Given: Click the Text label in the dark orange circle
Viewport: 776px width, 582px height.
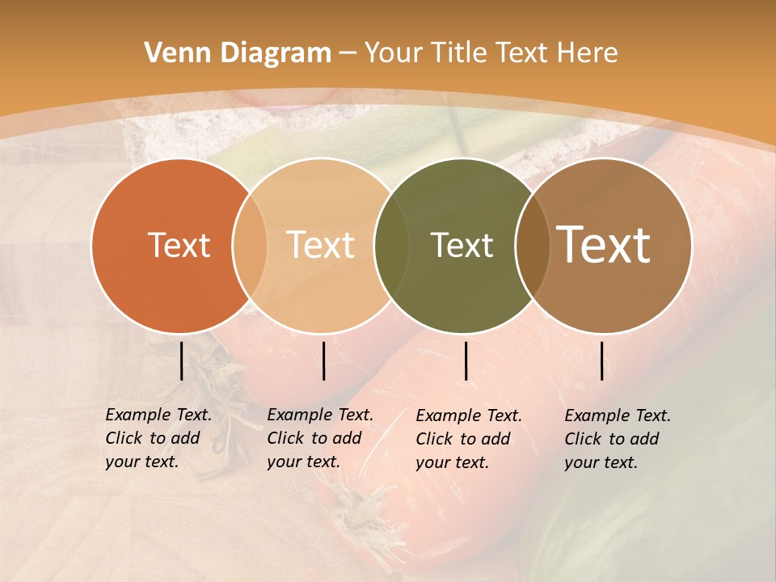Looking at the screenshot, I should point(179,245).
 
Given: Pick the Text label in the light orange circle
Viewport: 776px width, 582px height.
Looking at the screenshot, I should point(320,245).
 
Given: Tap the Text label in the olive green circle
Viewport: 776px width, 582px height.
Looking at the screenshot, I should point(462,245).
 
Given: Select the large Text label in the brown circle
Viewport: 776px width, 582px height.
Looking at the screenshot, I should point(604,245).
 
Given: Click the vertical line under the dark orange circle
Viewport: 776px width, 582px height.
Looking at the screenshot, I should point(181,361).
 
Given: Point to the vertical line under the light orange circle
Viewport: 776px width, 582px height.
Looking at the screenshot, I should point(323,361).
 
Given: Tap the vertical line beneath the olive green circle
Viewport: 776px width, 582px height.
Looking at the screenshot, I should point(466,361).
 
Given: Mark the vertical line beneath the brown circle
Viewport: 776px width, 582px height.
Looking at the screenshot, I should point(602,361).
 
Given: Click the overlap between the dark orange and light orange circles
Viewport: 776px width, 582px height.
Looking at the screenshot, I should point(250,245).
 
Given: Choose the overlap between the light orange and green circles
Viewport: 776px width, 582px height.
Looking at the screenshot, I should point(391,245).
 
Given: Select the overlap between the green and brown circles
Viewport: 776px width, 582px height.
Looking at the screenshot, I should point(532,245).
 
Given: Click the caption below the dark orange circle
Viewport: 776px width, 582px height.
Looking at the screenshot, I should point(158,438).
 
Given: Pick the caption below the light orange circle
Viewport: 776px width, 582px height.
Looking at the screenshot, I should point(320,438).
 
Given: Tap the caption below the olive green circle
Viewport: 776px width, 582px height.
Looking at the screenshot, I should point(469,439).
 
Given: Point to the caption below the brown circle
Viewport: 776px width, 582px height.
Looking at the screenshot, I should point(618,439).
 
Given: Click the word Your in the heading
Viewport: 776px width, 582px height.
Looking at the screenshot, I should point(394,53).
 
